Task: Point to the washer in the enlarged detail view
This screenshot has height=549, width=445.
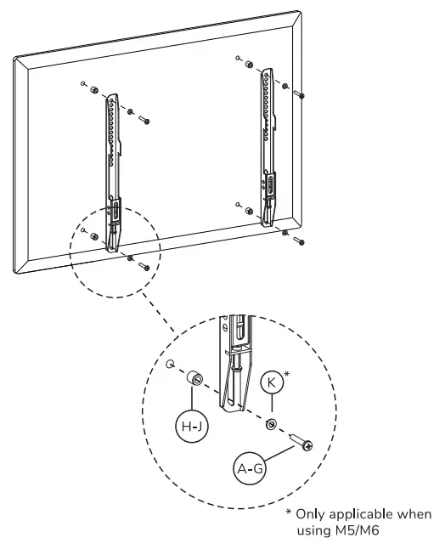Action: (x=270, y=423)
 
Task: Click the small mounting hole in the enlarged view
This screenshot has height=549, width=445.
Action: (x=172, y=367)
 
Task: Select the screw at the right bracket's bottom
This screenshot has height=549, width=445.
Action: (x=298, y=241)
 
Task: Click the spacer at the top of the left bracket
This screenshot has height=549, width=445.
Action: (x=97, y=91)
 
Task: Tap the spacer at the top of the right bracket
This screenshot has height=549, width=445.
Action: (x=246, y=65)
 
